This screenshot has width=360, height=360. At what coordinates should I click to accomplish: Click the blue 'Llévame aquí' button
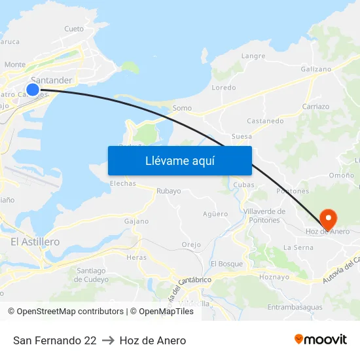[180, 160]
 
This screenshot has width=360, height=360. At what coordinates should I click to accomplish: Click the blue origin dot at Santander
[33, 89]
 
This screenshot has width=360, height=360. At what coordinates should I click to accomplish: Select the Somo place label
[181, 108]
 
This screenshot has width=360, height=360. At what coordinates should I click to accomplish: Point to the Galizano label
[315, 69]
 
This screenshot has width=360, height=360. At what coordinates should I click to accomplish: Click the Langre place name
[253, 56]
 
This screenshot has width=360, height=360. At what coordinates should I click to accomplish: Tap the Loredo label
[224, 88]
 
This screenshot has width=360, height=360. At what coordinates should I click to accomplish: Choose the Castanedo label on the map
[265, 121]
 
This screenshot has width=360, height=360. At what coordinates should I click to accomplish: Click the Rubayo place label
[168, 191]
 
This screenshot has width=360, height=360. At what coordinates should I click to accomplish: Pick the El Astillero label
[35, 242]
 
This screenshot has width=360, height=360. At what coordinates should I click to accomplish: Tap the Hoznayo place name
[274, 277]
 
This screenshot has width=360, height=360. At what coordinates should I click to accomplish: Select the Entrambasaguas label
[295, 307]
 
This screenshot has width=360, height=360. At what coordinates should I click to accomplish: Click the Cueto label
[74, 29]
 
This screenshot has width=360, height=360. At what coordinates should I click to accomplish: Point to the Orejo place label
[191, 245]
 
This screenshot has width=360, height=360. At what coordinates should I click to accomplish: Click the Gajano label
[136, 221]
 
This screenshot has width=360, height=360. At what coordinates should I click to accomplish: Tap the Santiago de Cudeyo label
[91, 275]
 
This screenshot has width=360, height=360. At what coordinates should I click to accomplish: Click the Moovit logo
[321, 339]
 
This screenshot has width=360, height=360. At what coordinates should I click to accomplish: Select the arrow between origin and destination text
[108, 340]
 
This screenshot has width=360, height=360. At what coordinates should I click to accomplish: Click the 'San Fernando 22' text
[55, 340]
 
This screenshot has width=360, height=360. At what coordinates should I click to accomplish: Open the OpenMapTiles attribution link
[166, 312]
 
